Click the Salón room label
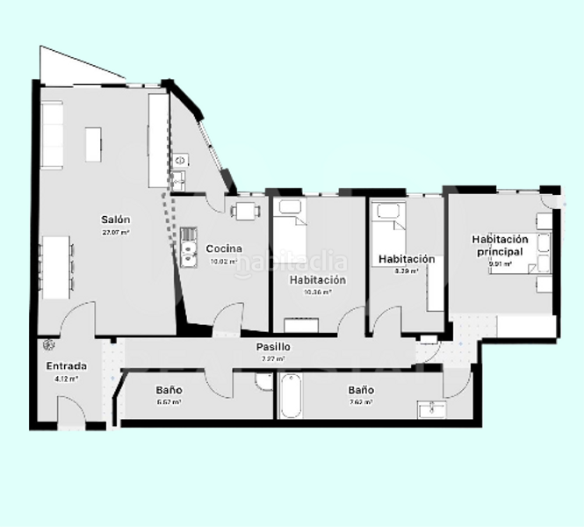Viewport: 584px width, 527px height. point(116,220)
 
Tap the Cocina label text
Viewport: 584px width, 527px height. point(224,249)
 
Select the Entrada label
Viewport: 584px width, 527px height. point(67,366)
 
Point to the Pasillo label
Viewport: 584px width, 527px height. point(273,347)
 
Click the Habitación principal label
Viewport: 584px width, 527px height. point(500,245)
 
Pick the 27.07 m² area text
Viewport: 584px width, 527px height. point(116,233)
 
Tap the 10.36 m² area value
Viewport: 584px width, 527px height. point(317,292)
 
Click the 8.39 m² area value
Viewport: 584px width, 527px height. point(406,271)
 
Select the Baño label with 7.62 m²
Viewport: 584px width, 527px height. point(360,390)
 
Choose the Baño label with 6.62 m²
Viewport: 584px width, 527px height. point(169,390)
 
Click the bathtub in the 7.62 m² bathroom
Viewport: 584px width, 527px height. point(291,396)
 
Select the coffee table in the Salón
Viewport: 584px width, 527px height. point(93,144)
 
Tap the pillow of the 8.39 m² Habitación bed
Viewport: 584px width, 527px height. point(386,211)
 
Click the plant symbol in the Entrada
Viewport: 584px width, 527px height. point(47,346)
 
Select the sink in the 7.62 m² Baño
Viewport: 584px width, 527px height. point(430,410)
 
